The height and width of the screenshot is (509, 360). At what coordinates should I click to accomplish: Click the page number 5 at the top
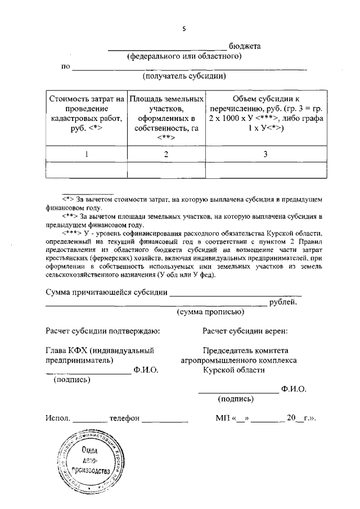click(183, 29)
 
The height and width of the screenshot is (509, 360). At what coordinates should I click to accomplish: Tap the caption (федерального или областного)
click(184, 56)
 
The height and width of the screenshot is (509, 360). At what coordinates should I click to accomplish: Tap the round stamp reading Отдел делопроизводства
click(88, 461)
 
